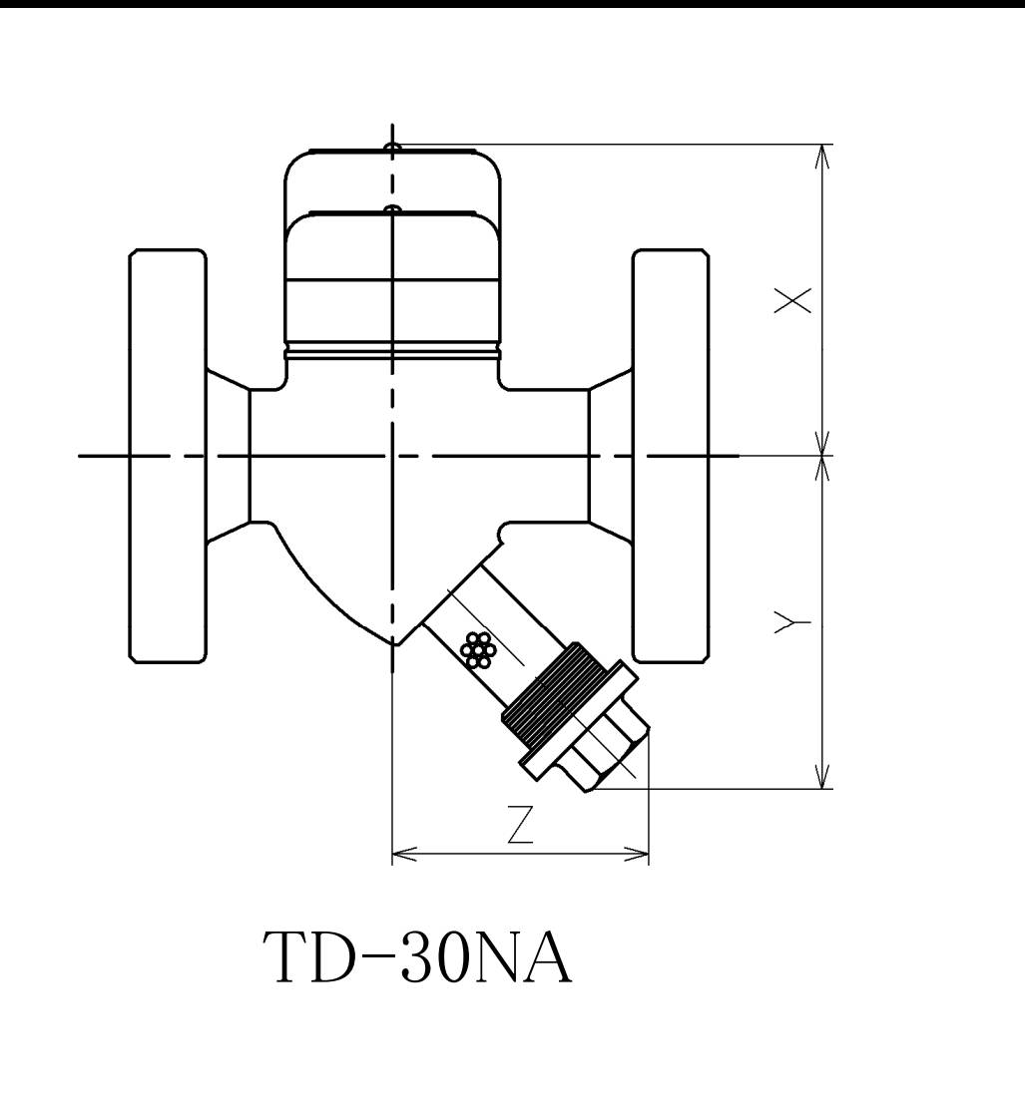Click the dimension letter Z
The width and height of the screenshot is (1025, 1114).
click(519, 826)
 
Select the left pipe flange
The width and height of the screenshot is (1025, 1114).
click(168, 456)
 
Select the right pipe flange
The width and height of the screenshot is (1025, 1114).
click(672, 456)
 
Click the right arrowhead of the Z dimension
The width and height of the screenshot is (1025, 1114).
click(641, 854)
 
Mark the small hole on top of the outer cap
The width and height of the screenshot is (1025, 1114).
click(393, 149)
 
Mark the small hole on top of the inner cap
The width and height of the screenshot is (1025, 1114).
click(393, 209)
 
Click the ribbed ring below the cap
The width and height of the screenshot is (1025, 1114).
click(391, 351)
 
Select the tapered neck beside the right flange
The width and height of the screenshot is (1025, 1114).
click(610, 456)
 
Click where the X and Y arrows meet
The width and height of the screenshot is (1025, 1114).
click(823, 456)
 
